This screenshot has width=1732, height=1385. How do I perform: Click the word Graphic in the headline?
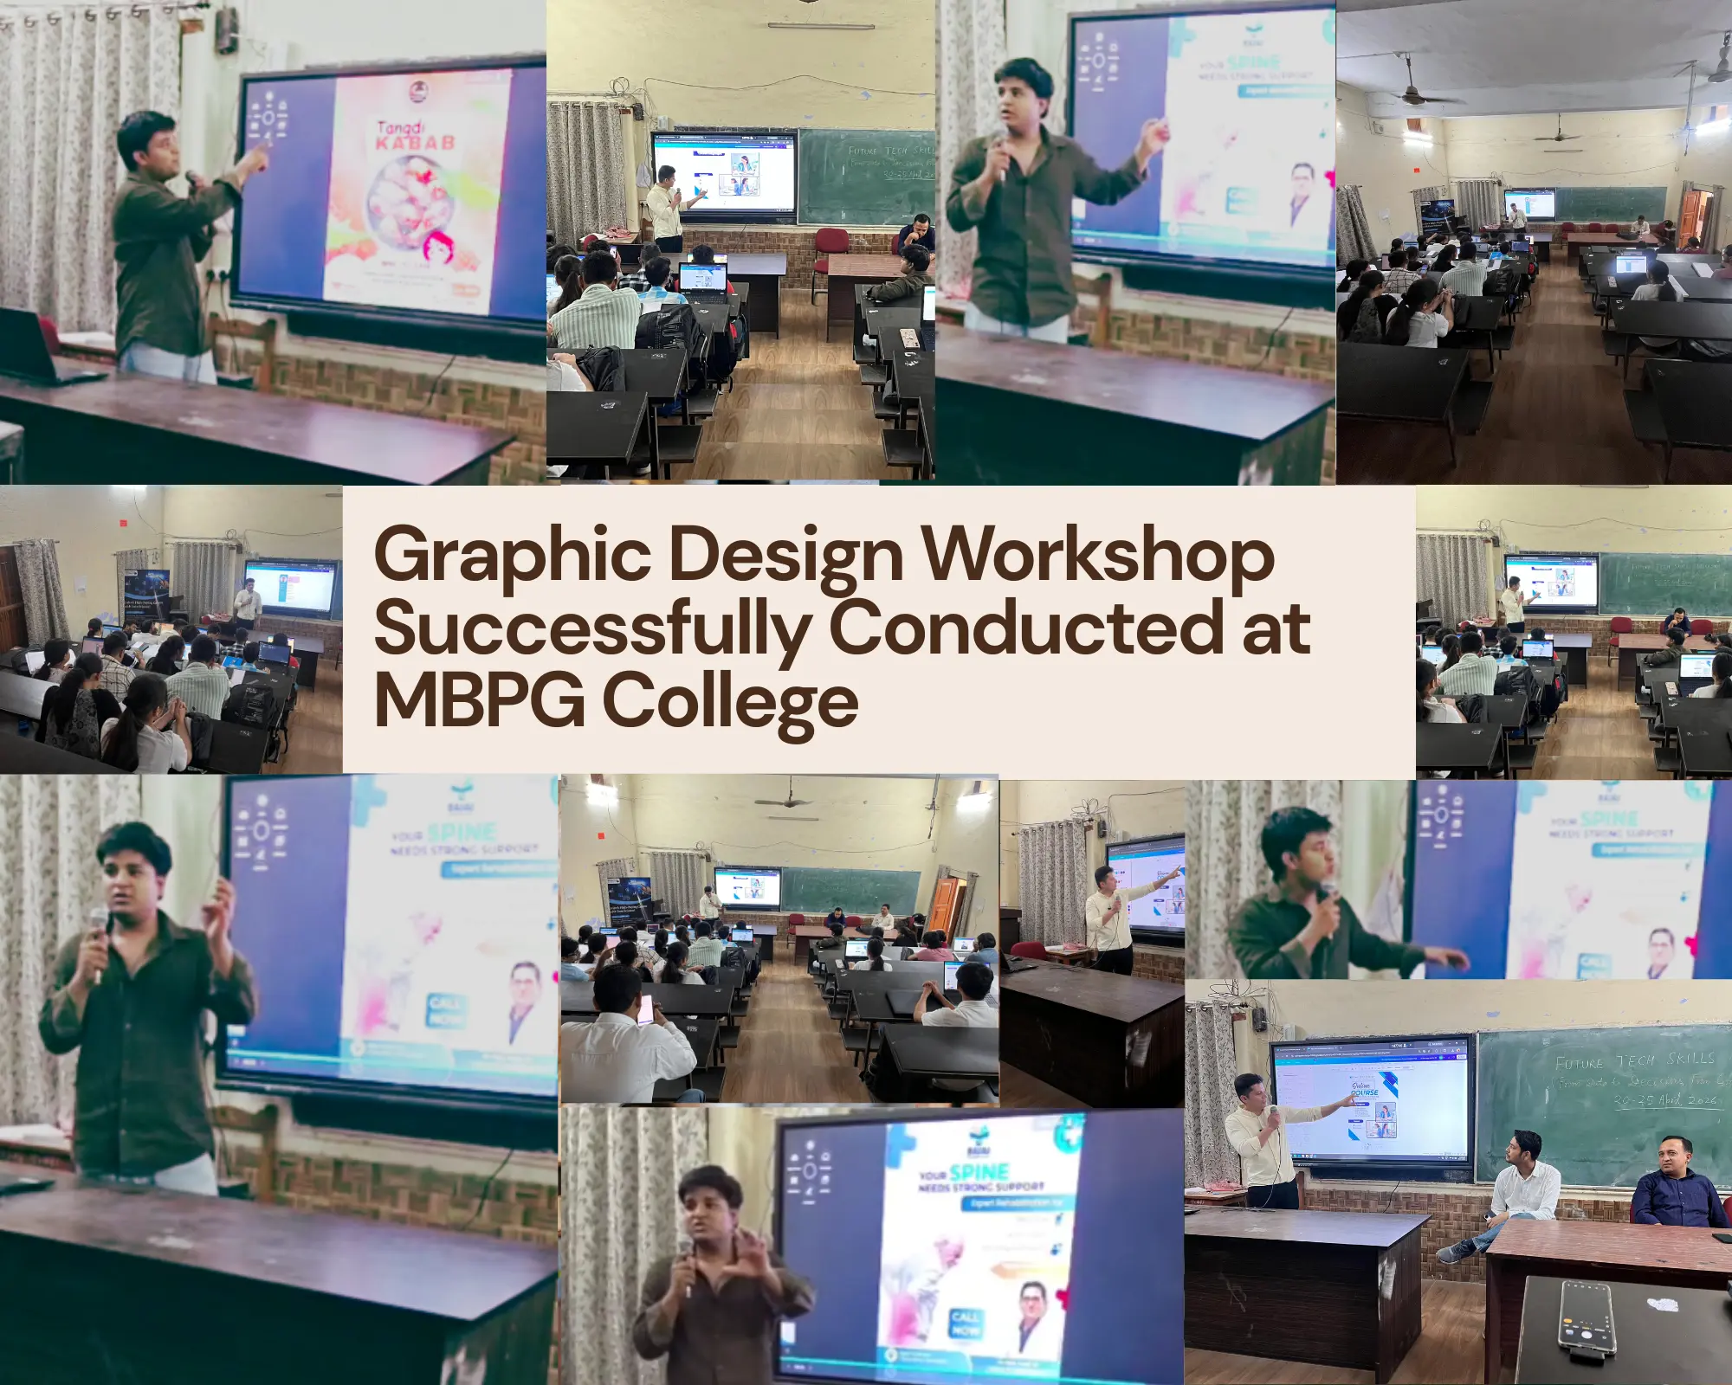(x=511, y=556)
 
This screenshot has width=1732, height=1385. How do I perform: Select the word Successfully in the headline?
(x=592, y=629)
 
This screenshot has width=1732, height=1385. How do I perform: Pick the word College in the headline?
(x=729, y=701)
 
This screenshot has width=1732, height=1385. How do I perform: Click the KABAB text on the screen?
(x=415, y=144)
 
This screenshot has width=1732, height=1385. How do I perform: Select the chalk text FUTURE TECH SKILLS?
(x=1634, y=1061)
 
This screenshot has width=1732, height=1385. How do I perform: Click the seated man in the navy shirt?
(x=1677, y=1186)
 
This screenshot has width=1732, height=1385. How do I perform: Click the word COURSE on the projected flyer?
(x=1365, y=1092)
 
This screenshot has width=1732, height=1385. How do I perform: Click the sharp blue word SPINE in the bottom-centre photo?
(x=979, y=1173)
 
